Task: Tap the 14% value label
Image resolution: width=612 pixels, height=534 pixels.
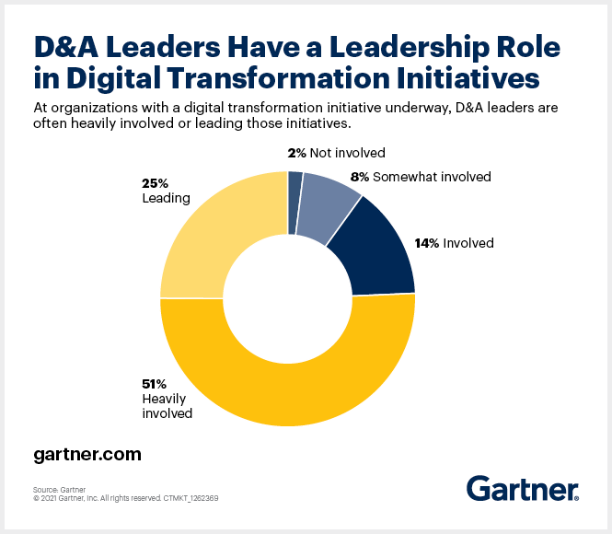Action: (x=429, y=244)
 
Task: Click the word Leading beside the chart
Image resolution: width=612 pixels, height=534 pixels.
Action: (x=166, y=198)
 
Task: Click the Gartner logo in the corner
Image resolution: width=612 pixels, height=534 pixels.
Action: (x=522, y=489)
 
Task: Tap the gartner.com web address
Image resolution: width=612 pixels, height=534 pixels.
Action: (x=87, y=455)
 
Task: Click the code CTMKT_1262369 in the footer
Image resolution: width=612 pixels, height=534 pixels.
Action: (x=190, y=498)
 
